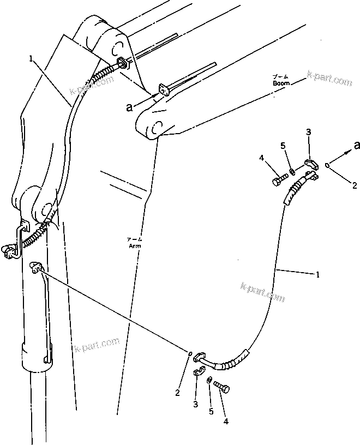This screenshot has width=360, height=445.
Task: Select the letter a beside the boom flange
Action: pos(129,107)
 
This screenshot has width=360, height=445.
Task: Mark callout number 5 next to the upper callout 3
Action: pos(283,146)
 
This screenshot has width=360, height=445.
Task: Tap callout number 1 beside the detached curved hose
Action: pos(318,275)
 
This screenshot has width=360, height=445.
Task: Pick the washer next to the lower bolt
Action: pos(210,380)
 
